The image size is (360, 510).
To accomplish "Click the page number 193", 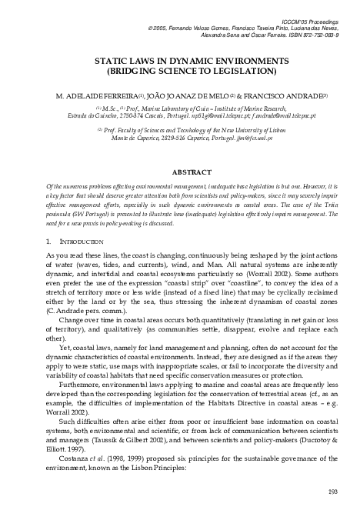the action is click(x=332, y=492).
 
